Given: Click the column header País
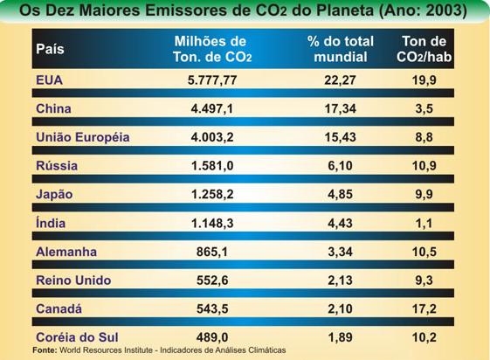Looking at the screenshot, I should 51,49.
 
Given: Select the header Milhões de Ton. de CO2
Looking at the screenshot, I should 211,49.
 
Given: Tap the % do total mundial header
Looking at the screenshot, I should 341,49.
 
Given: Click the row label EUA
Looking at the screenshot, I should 49,80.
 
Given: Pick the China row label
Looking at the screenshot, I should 53,109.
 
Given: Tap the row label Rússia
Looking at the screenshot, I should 55,165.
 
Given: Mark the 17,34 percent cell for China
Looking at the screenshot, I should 341,109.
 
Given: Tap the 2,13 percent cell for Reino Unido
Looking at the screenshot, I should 341,280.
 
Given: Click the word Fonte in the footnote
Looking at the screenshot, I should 45,350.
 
